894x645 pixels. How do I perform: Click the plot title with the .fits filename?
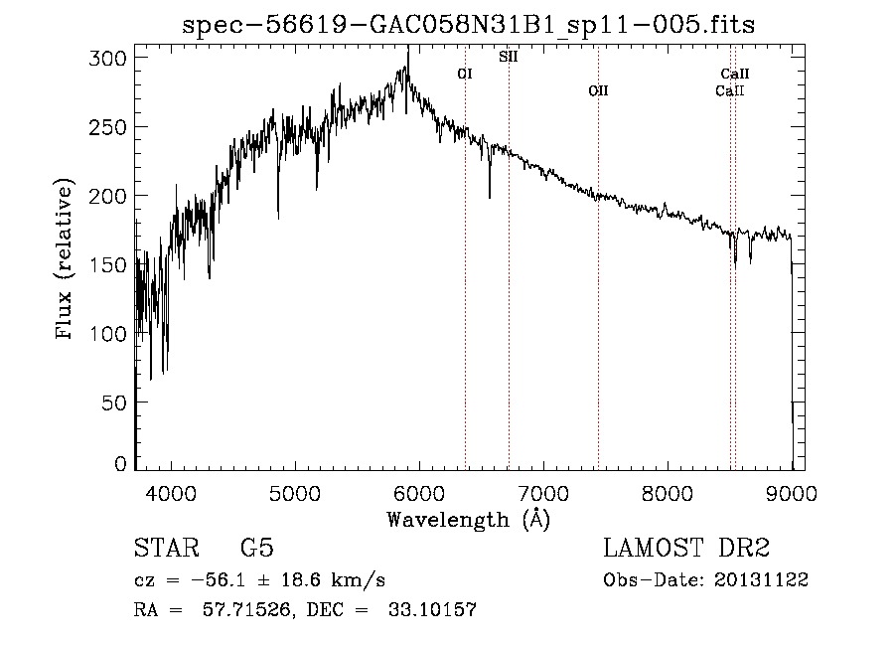[469, 25]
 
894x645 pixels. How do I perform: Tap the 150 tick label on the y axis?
[112, 265]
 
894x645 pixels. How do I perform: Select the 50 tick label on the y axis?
[117, 403]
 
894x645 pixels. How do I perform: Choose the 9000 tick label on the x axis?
[791, 493]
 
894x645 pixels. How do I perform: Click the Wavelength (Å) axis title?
[468, 519]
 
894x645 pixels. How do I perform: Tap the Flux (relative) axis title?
[67, 261]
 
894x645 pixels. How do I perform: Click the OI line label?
[465, 74]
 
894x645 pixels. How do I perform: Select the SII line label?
[508, 57]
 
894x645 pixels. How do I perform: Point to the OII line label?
[597, 90]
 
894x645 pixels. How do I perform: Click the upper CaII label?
[735, 74]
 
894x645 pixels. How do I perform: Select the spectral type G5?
[256, 549]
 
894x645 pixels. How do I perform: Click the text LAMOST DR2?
[686, 549]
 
